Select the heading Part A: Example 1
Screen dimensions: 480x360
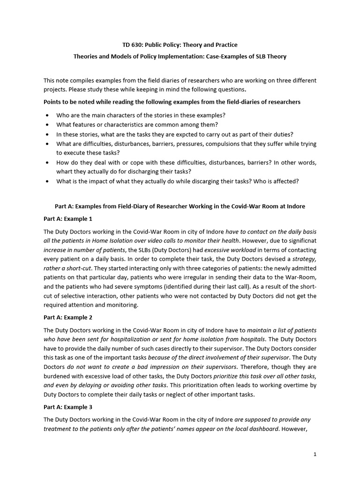coord(68,219)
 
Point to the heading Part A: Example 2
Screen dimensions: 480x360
coord(68,317)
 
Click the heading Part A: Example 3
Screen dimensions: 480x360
coord(68,407)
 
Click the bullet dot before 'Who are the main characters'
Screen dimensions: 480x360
coord(48,115)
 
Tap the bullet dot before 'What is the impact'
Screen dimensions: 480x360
coord(48,181)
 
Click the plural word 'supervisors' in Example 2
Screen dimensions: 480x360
coord(219,367)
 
